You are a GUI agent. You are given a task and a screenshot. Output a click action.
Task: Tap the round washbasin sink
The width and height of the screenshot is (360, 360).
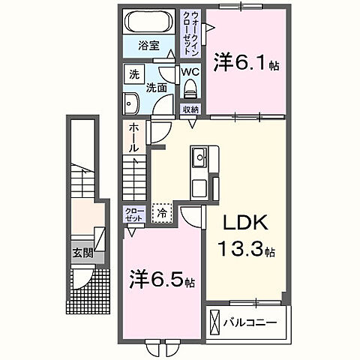(133, 103)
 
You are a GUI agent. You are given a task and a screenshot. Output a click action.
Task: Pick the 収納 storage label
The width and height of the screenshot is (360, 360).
(191, 109)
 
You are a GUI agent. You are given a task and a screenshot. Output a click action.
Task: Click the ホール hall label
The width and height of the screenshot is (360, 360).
(133, 138)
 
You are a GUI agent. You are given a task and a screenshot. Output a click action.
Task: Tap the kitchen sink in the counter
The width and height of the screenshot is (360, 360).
(199, 159)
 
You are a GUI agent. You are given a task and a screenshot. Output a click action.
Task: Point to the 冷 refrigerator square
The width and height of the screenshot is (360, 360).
(162, 213)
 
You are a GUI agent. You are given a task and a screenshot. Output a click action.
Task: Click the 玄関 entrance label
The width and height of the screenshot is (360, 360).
(82, 253)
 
